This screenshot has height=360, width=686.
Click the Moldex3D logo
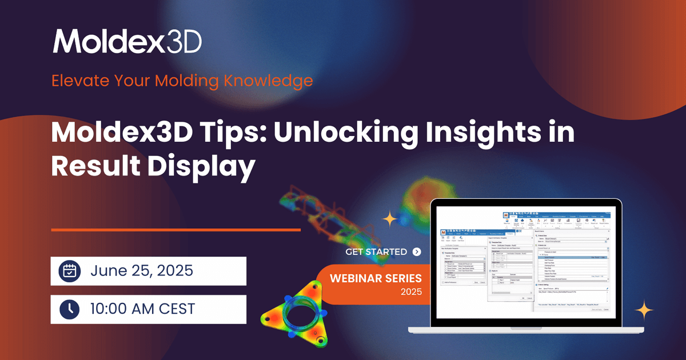click(x=127, y=42)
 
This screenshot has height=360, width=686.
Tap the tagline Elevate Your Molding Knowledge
click(x=182, y=80)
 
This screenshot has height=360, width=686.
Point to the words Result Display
click(x=153, y=167)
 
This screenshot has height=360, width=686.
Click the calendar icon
click(x=69, y=271)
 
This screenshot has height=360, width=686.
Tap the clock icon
click(x=69, y=309)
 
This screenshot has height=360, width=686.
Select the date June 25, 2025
click(x=142, y=271)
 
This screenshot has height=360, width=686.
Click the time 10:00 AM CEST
click(x=142, y=309)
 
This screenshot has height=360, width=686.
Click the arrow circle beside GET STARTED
click(x=416, y=251)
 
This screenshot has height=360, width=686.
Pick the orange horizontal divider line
click(x=176, y=230)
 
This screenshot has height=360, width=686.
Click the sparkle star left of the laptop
click(x=390, y=219)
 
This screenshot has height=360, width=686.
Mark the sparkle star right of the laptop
click(x=644, y=311)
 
